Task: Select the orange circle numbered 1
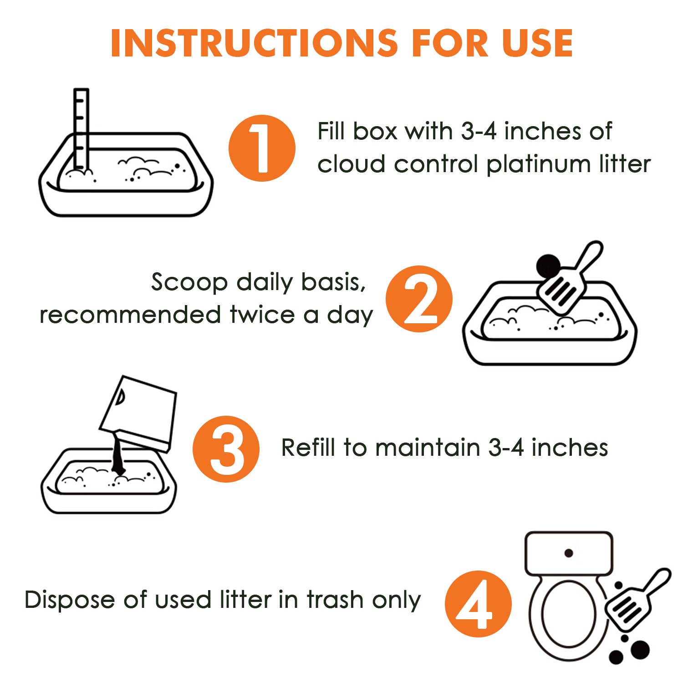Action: point(262,148)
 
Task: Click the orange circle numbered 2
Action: point(419,299)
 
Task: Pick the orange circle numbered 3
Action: point(226,449)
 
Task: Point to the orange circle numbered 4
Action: point(479,604)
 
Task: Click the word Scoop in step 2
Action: point(189,283)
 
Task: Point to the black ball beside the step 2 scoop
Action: point(549,266)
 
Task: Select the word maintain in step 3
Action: point(428,447)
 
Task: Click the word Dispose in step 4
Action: point(70,600)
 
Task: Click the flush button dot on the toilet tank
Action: point(569,553)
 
